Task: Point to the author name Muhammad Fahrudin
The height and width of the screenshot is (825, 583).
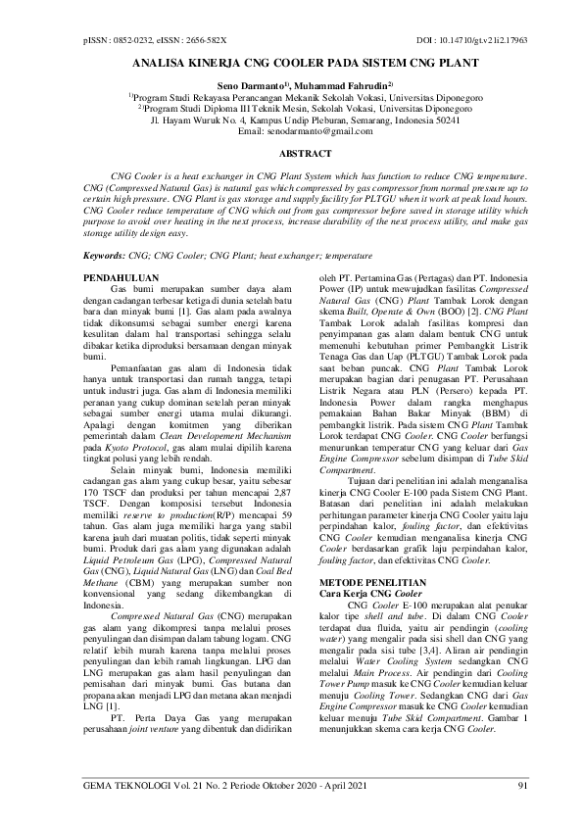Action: coord(349,86)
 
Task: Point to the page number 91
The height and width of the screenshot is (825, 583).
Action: coord(523,786)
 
